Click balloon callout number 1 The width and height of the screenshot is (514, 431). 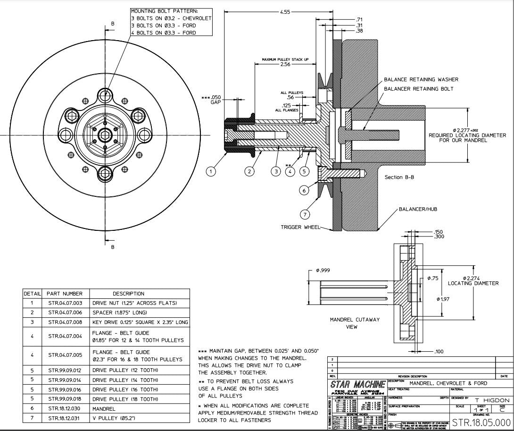click(x=212, y=171)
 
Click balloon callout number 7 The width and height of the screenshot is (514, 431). click(x=305, y=214)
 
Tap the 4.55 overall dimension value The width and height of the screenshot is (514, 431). click(x=285, y=12)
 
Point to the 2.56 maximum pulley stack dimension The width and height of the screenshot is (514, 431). click(x=285, y=65)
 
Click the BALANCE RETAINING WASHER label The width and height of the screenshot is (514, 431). click(x=421, y=80)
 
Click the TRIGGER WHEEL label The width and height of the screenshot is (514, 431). click(x=300, y=227)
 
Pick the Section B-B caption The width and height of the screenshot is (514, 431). click(x=399, y=177)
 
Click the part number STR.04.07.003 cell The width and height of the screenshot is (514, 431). click(x=65, y=303)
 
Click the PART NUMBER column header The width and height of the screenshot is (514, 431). click(x=65, y=294)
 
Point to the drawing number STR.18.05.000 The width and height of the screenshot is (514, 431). click(x=481, y=422)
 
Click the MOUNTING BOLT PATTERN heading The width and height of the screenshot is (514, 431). click(x=158, y=11)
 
